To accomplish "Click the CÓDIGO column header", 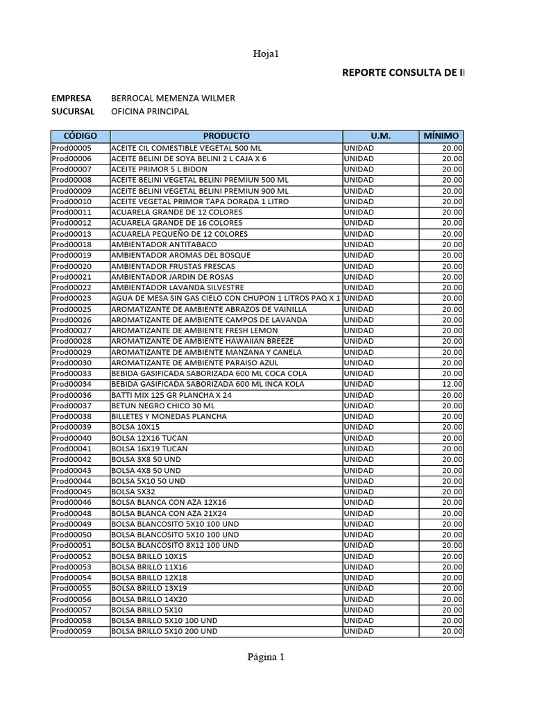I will [x=80, y=136].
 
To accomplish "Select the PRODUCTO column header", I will [x=226, y=136].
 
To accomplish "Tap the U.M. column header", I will [x=380, y=136].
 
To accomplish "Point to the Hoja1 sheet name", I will [x=266, y=53].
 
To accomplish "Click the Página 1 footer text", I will [x=266, y=658].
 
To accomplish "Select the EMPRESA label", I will [x=71, y=98].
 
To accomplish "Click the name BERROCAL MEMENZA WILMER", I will [x=173, y=98].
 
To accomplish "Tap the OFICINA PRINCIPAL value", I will [x=149, y=111].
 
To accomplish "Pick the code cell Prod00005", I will [x=71, y=148].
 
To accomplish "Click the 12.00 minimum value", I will [x=452, y=384].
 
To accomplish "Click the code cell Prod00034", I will [x=71, y=384].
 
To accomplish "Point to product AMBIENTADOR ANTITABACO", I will [x=164, y=244].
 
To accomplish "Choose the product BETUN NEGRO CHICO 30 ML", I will [x=163, y=405].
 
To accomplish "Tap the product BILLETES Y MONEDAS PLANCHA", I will [x=169, y=417].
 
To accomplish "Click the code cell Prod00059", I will [x=71, y=631].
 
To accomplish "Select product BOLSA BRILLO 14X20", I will [x=149, y=599].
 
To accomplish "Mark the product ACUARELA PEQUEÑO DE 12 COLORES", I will [x=179, y=234].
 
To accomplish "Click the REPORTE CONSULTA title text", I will [x=403, y=73].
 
